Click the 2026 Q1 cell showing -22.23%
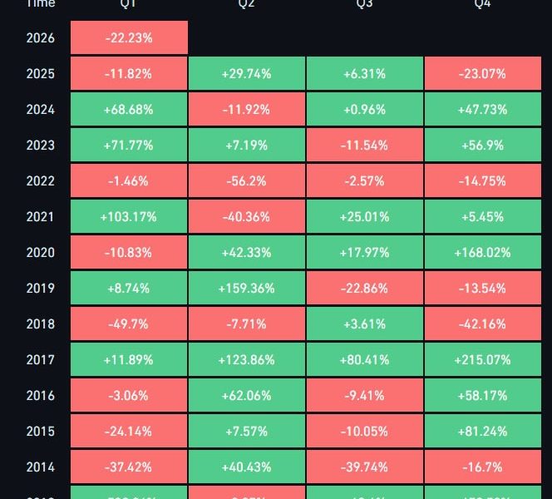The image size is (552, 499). (x=129, y=38)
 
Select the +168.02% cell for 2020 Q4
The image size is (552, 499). (x=483, y=253)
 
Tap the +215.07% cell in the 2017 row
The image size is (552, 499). (x=483, y=360)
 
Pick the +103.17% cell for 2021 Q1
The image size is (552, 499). (x=129, y=217)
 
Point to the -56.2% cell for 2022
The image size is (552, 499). (x=247, y=181)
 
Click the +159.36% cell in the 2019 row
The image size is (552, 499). (x=247, y=289)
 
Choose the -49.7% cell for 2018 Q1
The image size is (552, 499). (x=129, y=324)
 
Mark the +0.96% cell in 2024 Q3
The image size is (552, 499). (x=365, y=110)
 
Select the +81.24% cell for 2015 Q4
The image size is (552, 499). (x=483, y=432)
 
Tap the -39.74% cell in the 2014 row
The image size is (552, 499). (x=365, y=467)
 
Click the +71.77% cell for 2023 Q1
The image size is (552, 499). (x=129, y=146)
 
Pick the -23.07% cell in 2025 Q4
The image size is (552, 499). (x=483, y=74)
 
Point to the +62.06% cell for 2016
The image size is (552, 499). (x=247, y=396)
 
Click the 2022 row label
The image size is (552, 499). (x=40, y=181)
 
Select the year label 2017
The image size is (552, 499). (x=40, y=360)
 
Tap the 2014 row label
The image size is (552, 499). (x=40, y=467)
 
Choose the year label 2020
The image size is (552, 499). (x=40, y=253)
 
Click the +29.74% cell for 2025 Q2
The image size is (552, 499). (x=247, y=74)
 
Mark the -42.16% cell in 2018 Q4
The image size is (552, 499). (x=483, y=324)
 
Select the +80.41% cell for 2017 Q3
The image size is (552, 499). (x=365, y=360)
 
